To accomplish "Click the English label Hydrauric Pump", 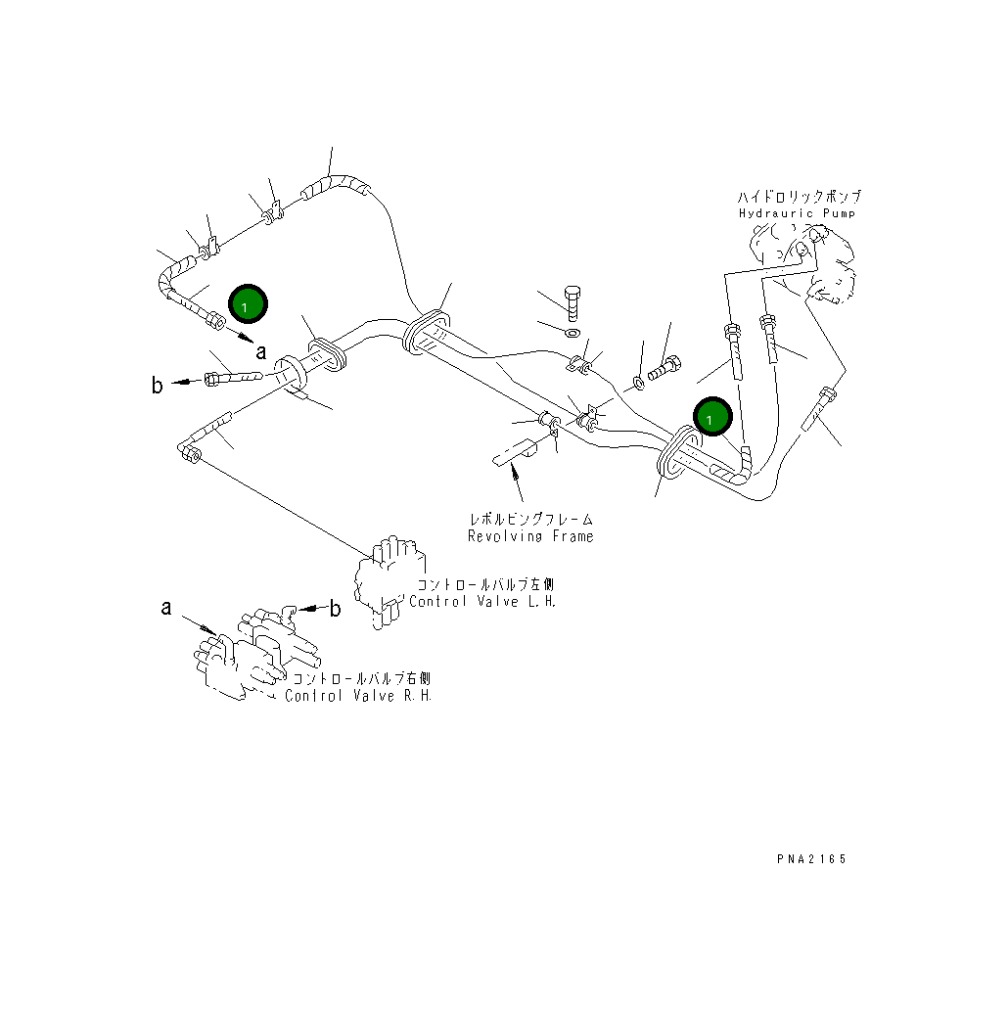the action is pyautogui.click(x=797, y=213).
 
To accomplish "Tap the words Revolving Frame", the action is pyautogui.click(x=530, y=536).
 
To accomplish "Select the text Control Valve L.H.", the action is pyautogui.click(x=482, y=601).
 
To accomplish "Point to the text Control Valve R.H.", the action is pyautogui.click(x=358, y=696).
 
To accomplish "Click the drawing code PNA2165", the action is pyautogui.click(x=811, y=858).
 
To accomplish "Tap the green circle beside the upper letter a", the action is pyautogui.click(x=248, y=304).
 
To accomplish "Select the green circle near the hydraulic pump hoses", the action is pyautogui.click(x=712, y=416).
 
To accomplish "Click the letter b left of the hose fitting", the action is pyautogui.click(x=157, y=385).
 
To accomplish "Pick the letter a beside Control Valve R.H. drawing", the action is pyautogui.click(x=166, y=608).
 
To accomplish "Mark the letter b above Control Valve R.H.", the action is pyautogui.click(x=335, y=608).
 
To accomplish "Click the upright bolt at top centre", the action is pyautogui.click(x=572, y=302).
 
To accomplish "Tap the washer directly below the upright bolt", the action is pyautogui.click(x=572, y=333).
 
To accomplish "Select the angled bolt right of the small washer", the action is pyautogui.click(x=664, y=368).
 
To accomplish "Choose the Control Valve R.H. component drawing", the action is pyautogui.click(x=256, y=653).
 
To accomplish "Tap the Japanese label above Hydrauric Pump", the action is pyautogui.click(x=800, y=197).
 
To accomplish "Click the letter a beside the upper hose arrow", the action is pyautogui.click(x=261, y=351).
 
